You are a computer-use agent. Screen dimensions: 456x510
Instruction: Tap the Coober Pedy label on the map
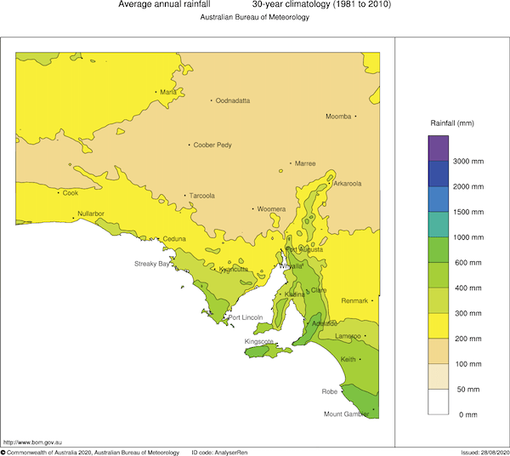(212, 145)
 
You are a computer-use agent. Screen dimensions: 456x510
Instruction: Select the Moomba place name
(338, 117)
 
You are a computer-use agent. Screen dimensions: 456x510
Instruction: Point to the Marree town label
(304, 163)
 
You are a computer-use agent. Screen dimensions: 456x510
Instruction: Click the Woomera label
(271, 208)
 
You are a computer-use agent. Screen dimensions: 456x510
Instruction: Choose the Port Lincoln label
(246, 317)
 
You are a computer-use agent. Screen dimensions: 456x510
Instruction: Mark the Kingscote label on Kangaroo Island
(259, 341)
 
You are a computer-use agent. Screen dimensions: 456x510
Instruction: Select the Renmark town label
(354, 301)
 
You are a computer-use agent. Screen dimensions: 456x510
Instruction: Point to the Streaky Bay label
(152, 264)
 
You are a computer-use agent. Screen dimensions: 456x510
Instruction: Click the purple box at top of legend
(438, 148)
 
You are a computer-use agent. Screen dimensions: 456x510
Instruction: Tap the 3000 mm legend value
(468, 161)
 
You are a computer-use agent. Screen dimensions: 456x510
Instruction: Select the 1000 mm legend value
(468, 237)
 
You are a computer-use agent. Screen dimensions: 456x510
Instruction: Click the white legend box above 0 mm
(438, 401)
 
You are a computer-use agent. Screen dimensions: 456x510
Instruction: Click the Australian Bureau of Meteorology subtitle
(254, 18)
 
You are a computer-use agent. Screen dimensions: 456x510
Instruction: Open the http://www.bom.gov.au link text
(31, 442)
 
